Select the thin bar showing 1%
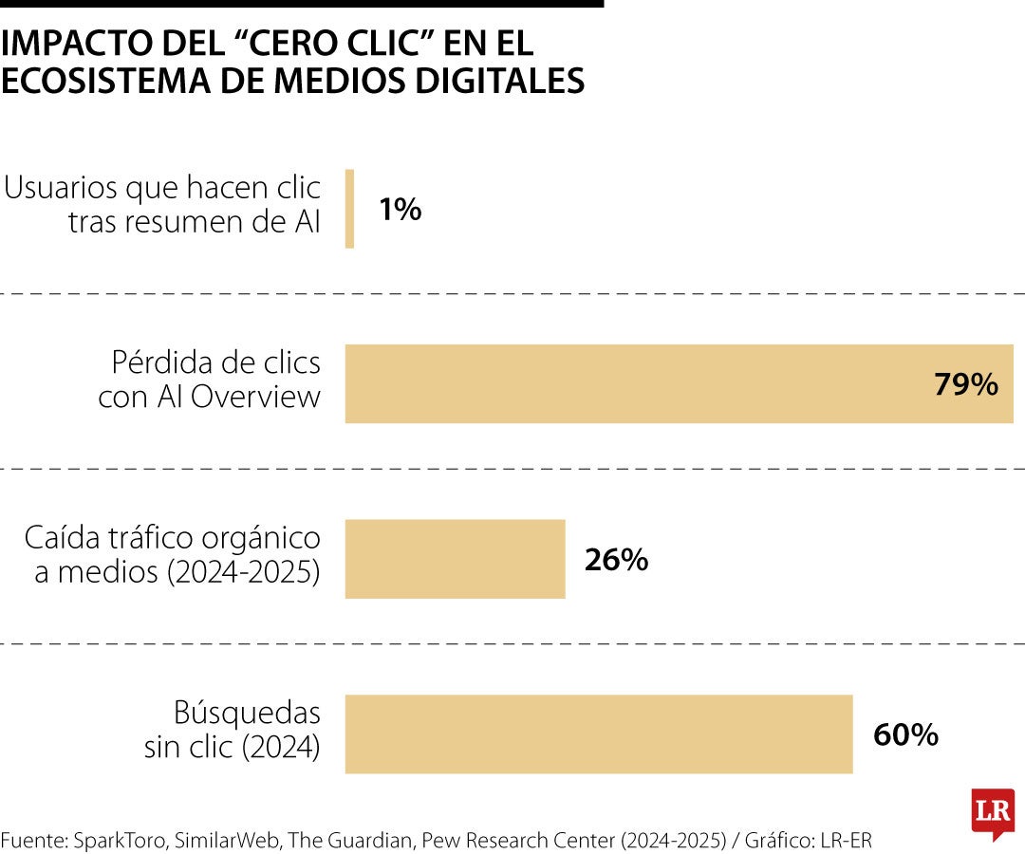349,209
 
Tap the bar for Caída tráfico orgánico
455,559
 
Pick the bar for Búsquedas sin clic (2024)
598,733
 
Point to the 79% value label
965,384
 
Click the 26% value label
616,560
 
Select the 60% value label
905,734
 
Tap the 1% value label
400,210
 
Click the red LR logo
992,812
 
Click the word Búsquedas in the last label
247,712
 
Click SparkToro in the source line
96,840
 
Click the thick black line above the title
302,4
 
